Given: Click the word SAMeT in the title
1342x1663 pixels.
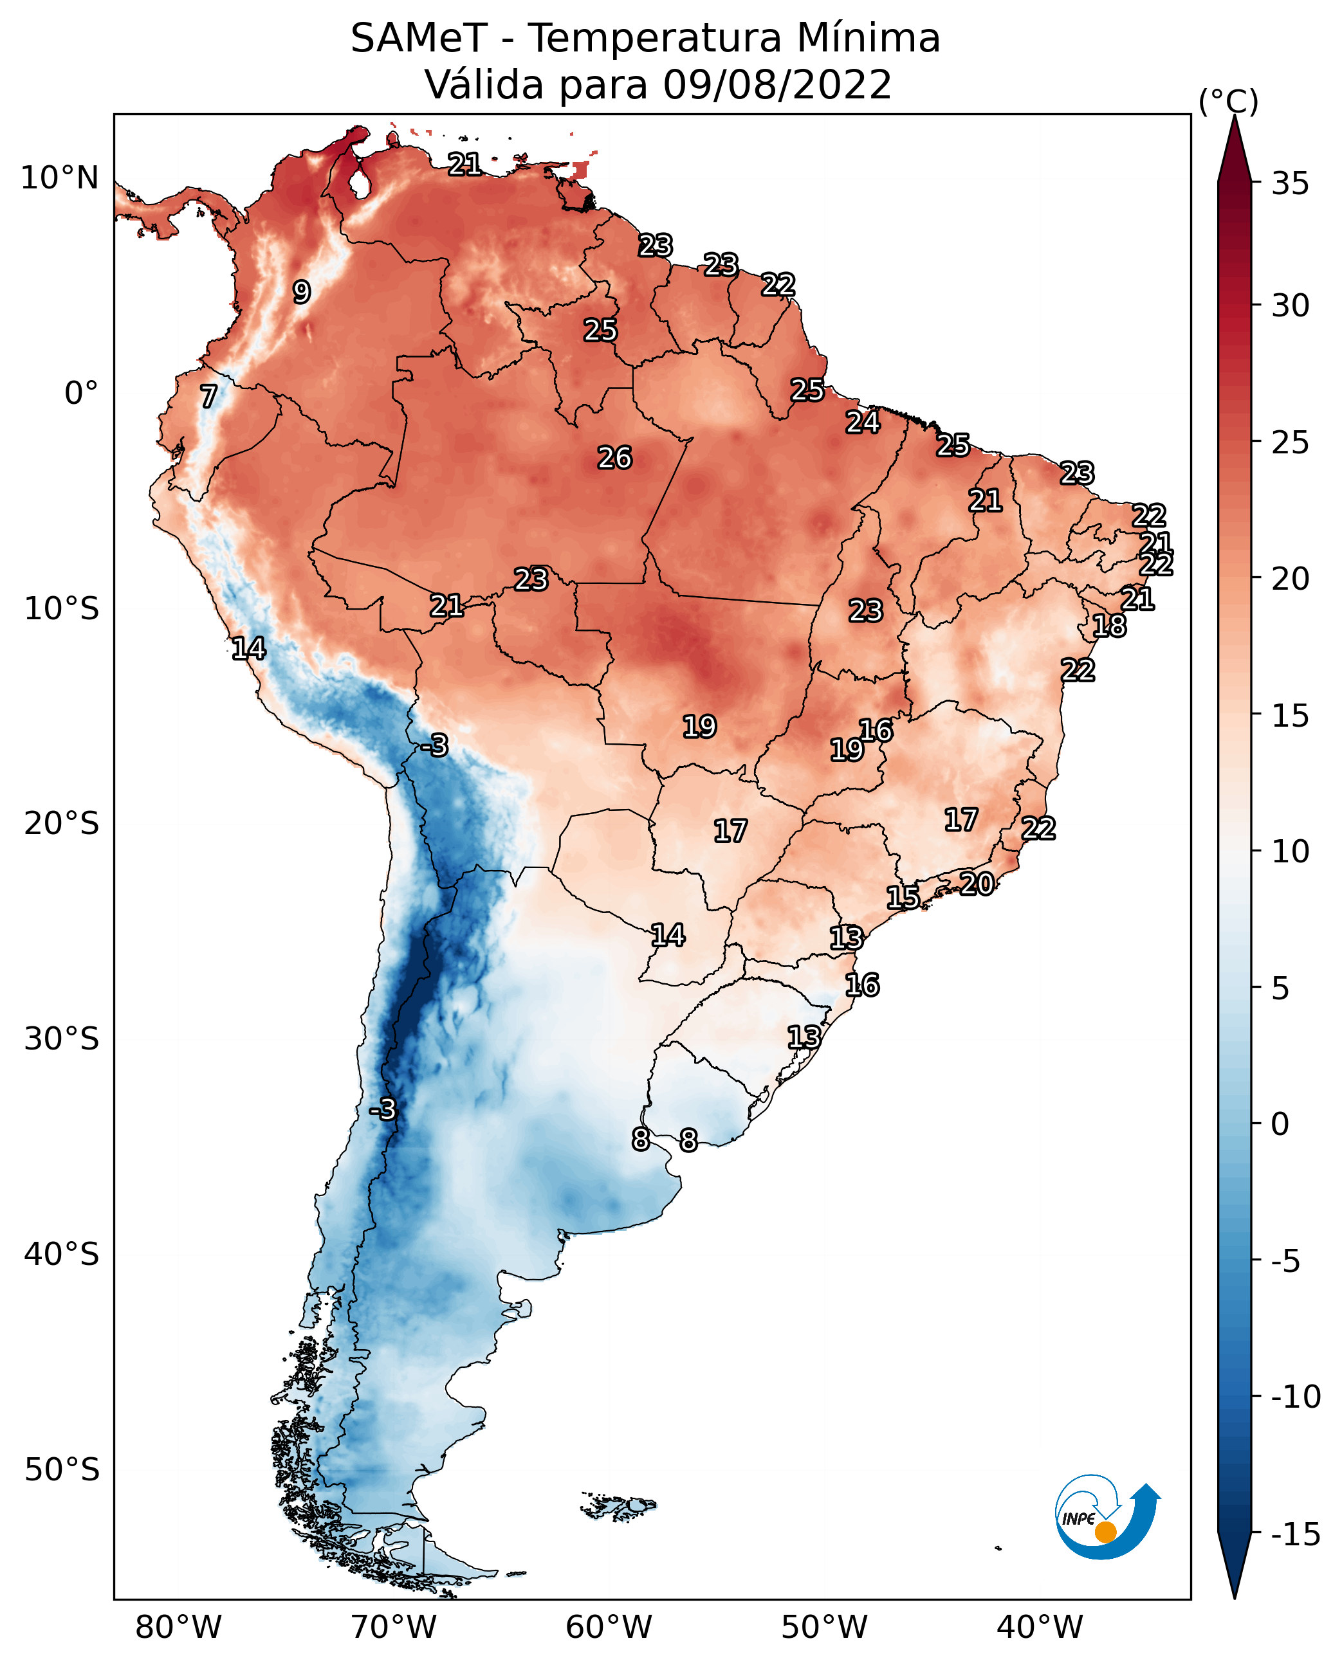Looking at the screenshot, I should (418, 39).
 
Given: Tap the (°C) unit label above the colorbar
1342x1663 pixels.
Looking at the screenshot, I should (1228, 101).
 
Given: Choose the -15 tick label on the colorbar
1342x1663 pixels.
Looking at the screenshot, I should (1296, 1535).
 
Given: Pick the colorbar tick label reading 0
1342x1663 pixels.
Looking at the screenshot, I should (1280, 1124).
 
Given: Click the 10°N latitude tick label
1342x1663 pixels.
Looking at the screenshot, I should (60, 179).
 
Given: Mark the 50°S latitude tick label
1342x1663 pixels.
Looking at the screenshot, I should (62, 1470).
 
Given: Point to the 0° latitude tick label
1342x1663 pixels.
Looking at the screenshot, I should (81, 394).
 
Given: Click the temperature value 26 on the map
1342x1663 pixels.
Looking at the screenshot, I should (614, 459).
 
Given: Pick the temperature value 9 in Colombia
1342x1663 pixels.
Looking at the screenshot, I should (302, 292).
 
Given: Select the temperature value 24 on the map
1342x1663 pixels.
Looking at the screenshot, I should (862, 423).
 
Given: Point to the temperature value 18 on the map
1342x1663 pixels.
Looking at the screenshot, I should (1109, 626).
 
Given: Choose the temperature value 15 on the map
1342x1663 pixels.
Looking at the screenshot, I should (902, 898).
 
